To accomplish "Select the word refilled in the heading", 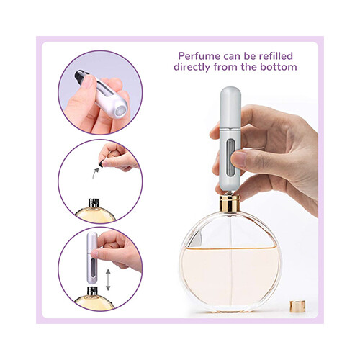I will click(277, 53).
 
